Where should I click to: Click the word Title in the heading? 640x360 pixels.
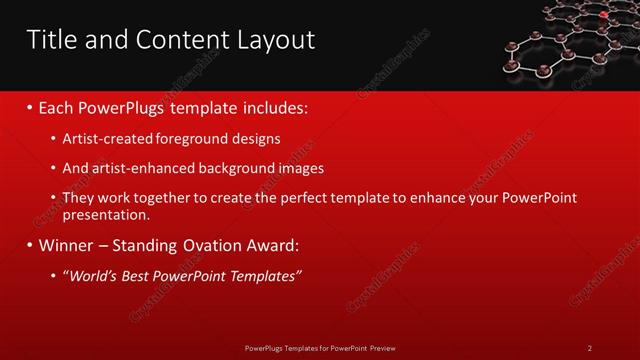52,40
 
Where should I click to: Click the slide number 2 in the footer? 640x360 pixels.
590,347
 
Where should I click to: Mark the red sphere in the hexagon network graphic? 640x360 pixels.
604,15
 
